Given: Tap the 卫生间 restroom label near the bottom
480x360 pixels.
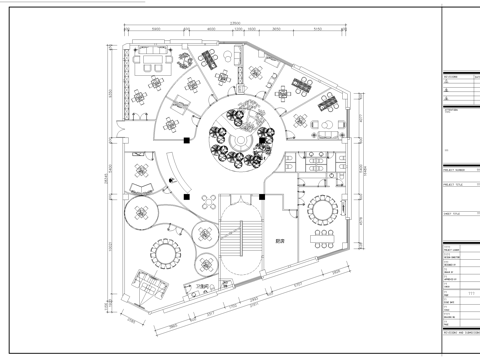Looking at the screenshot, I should (x=203, y=287).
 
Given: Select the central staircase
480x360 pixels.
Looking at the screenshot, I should (x=240, y=244).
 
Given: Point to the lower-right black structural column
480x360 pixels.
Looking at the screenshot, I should (x=261, y=197).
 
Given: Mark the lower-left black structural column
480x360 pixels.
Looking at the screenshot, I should (x=187, y=197).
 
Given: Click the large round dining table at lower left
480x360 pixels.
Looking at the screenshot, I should (x=163, y=251).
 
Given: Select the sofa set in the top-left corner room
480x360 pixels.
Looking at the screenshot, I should (x=154, y=61).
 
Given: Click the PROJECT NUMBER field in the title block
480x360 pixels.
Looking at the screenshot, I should (x=461, y=171).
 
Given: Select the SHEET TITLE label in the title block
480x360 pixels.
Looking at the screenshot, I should (x=455, y=213).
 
